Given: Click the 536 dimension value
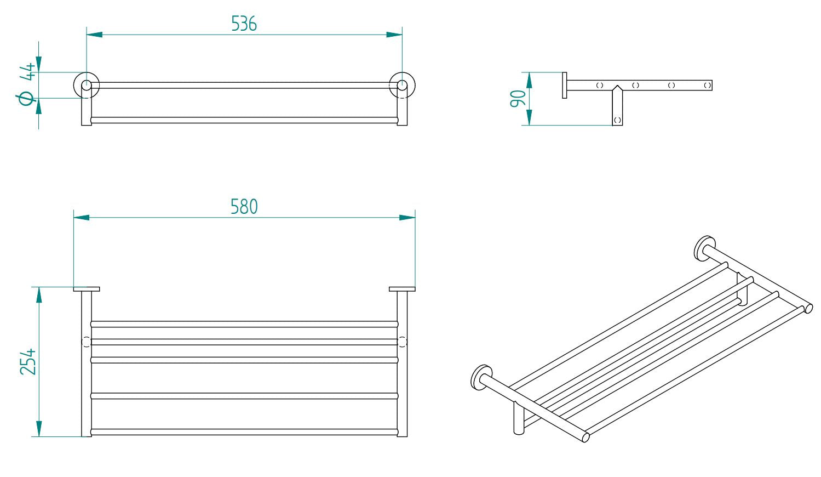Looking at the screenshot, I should coord(244,24).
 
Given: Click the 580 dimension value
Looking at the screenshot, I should coord(244,207).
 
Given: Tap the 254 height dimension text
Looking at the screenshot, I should coord(28,361).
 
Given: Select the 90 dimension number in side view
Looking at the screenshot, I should coord(518,99).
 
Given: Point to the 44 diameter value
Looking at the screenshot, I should coord(27,72).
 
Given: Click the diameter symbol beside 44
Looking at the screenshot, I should coord(26,99).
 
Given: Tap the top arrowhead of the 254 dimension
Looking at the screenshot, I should coord(39,294).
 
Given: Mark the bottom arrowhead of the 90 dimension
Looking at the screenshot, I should coord(529,117).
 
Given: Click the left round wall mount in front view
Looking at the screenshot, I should coord(87,85).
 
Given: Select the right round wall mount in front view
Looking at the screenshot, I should coord(402,85).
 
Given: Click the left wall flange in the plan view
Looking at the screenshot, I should coord(87,289).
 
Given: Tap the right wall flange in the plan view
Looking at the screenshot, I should coord(402,289).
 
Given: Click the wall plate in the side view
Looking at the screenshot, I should coord(565,85).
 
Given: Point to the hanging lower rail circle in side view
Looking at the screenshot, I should coord(617,120).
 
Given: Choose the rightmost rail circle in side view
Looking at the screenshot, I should coord(707,85).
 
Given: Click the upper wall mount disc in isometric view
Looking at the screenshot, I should coord(704,248).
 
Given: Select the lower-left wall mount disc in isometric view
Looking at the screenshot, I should coord(481,377).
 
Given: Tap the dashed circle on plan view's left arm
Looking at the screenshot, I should coord(86,342).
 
